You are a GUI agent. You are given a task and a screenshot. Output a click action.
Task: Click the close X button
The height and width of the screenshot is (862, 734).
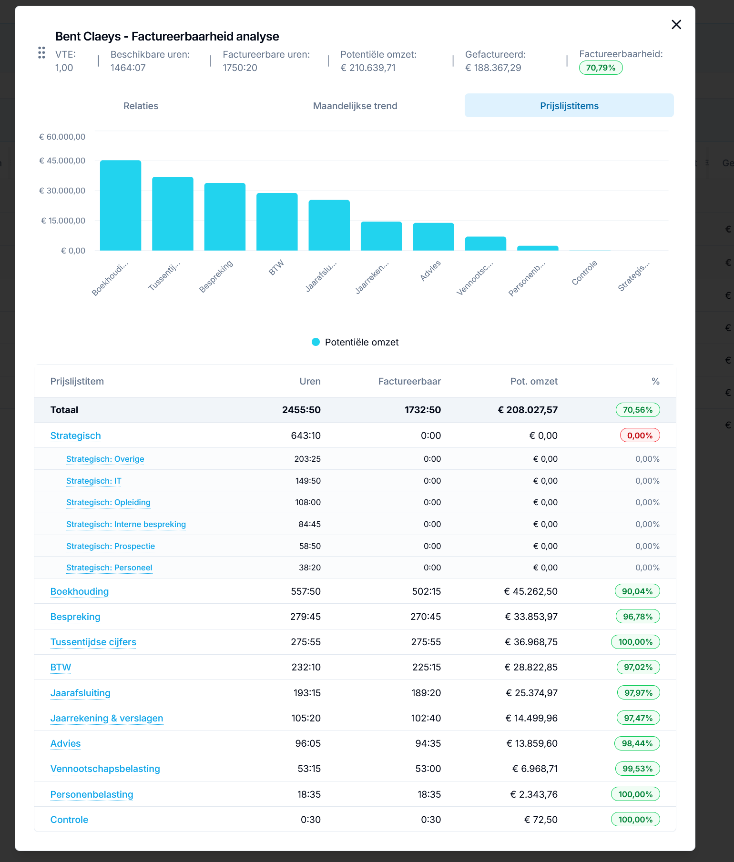[x=676, y=24]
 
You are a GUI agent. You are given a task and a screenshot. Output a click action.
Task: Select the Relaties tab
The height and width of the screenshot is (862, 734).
[x=141, y=106]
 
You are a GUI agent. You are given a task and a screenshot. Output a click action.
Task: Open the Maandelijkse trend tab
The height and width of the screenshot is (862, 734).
[x=355, y=106]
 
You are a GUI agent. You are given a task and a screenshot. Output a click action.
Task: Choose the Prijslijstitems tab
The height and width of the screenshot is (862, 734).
[x=569, y=106]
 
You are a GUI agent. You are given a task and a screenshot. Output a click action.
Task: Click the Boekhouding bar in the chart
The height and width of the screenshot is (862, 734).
[x=121, y=205]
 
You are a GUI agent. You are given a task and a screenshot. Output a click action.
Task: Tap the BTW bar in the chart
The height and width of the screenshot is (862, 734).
[x=277, y=222]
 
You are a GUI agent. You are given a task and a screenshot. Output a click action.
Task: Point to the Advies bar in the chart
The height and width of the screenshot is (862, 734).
[x=433, y=237]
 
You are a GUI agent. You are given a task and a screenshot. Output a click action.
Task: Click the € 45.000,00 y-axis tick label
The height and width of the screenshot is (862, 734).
[x=62, y=161]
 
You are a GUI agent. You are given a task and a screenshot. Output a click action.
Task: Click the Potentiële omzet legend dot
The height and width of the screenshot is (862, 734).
[x=316, y=342]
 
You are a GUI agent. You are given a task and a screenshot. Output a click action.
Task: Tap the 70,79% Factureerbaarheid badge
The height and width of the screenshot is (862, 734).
[x=601, y=68]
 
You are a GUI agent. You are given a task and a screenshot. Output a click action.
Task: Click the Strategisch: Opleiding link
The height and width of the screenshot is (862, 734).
[x=108, y=502]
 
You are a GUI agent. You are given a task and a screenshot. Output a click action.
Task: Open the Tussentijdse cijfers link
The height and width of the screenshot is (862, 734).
[x=93, y=642]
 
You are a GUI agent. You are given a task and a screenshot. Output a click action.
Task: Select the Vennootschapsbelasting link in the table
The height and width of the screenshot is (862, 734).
[x=105, y=769]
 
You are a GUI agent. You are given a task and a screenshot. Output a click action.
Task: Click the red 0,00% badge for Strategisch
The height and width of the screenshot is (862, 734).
[x=640, y=436]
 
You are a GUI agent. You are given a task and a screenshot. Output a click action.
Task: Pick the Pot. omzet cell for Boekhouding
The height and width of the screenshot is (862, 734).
[x=530, y=591]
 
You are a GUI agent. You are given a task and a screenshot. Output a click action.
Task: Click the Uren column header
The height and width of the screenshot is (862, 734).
[x=310, y=381]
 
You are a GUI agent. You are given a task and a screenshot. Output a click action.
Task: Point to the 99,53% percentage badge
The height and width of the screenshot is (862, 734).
[x=637, y=769]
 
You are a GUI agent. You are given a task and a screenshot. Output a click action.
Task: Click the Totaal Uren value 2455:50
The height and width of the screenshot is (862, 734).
[x=301, y=410]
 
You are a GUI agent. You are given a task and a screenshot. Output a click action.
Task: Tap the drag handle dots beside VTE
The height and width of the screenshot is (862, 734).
[x=41, y=52]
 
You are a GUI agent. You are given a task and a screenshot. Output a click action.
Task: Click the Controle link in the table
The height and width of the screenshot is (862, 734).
[x=70, y=820]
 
